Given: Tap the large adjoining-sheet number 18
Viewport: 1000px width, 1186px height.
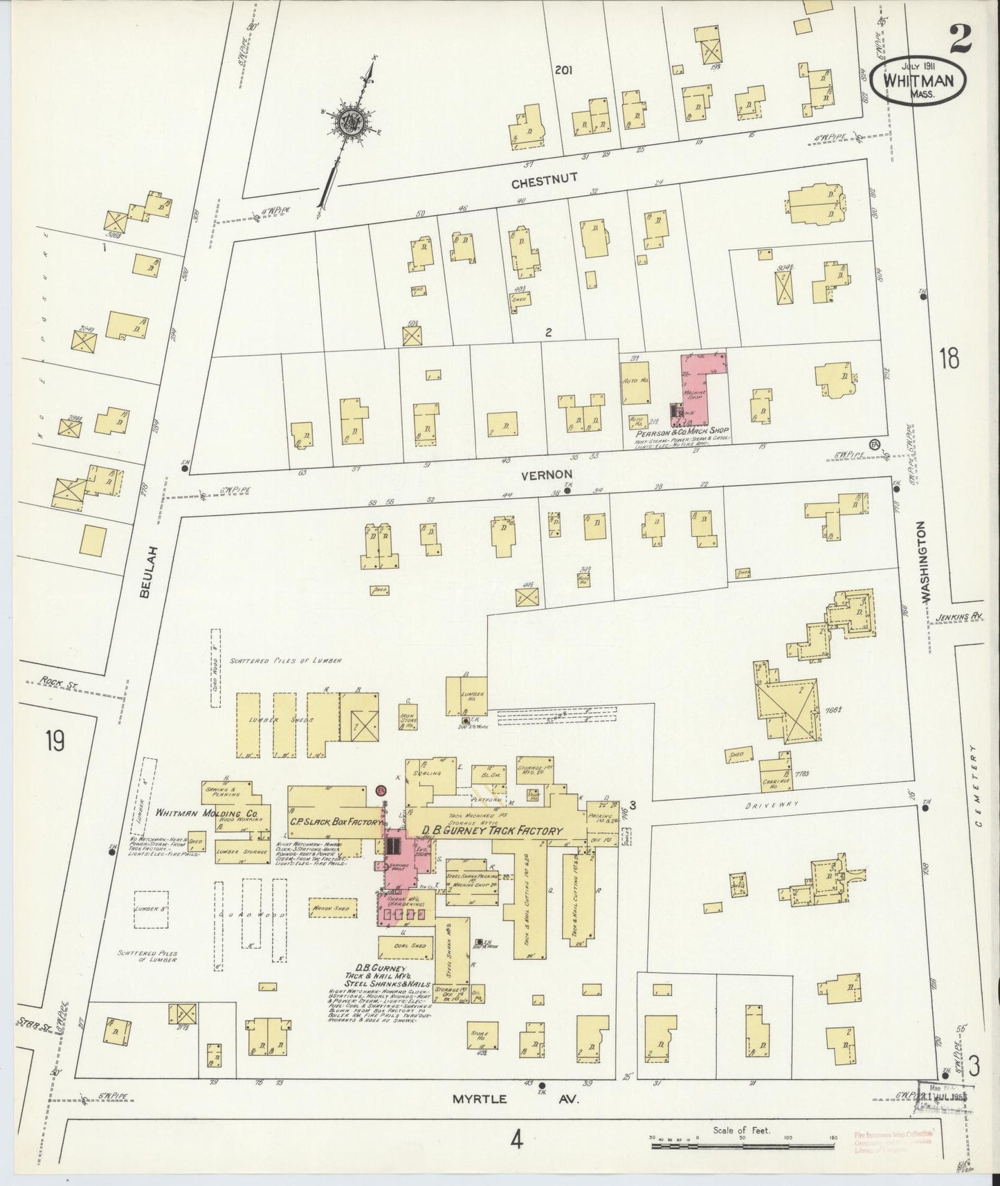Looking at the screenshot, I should point(949,359).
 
